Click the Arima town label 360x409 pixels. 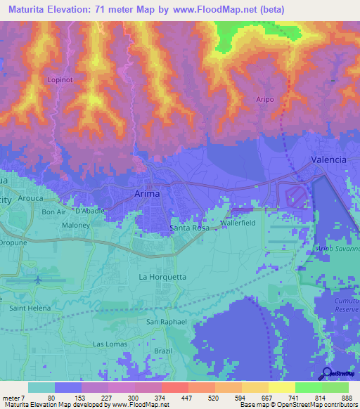coord(146,193)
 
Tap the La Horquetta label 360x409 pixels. coord(162,277)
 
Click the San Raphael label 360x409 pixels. coord(166,322)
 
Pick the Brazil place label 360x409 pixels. coord(162,349)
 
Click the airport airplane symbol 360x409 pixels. coord(38,280)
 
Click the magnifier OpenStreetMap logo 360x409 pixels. coord(327,375)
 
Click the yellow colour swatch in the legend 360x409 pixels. coord(281,387)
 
